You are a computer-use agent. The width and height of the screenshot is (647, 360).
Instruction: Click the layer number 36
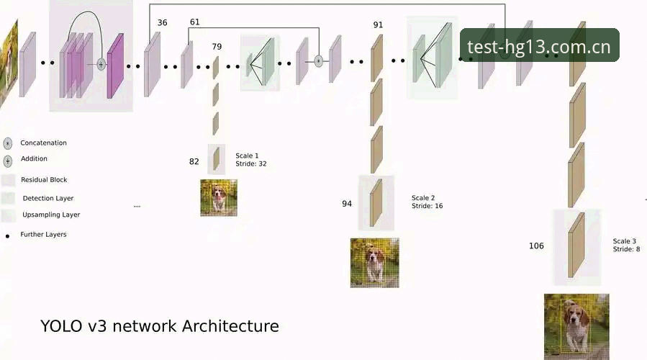[x=162, y=23]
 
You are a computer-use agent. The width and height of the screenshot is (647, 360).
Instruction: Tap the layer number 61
[x=195, y=22]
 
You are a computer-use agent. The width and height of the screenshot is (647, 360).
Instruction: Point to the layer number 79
[x=217, y=47]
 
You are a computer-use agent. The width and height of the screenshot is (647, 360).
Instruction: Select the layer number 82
[x=194, y=161]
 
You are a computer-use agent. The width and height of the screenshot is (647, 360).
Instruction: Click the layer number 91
[x=378, y=24]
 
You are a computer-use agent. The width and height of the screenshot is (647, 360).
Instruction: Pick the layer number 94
[x=347, y=204]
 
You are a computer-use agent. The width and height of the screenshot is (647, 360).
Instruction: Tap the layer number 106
[x=536, y=246]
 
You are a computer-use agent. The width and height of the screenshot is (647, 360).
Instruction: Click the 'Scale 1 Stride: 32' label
[x=251, y=160]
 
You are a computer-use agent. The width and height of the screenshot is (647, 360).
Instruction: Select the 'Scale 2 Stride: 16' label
[x=427, y=202]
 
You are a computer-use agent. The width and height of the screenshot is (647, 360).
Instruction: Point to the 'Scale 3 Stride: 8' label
[x=626, y=245]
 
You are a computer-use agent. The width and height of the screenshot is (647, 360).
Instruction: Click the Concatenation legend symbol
[x=7, y=143]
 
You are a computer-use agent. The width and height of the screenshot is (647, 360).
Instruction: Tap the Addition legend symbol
[x=7, y=161]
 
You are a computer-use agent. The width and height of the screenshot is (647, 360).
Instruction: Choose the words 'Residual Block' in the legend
[x=44, y=179]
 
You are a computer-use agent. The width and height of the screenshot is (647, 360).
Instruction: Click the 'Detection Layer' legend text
[x=48, y=198]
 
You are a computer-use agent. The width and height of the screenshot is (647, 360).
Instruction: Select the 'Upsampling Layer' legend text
[x=51, y=215]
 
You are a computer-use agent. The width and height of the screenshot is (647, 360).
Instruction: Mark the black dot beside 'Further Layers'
[x=7, y=236]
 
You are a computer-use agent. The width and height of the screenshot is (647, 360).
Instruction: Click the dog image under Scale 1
[x=219, y=198]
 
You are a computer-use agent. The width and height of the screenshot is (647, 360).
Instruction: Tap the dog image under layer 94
[x=375, y=263]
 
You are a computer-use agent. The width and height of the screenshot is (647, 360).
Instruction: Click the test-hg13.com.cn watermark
[x=539, y=45]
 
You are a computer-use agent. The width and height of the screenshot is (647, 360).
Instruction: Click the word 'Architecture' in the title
[x=230, y=326]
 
